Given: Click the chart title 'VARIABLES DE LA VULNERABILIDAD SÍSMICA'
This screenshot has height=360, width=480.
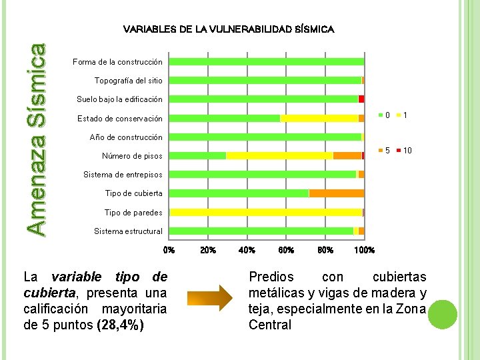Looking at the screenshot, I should [229, 29].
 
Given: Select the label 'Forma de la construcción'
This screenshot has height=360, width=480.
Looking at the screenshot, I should [117, 62].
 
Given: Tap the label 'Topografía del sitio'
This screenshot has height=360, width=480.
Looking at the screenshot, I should [128, 81].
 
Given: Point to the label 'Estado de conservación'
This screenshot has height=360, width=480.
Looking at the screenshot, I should [119, 119].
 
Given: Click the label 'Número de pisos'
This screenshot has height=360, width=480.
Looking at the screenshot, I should [131, 156].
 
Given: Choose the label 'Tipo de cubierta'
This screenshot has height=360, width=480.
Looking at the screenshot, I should [133, 193].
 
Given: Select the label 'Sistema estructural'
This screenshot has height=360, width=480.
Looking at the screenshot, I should [128, 231].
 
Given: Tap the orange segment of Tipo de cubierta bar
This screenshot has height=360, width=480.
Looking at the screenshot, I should [337, 193].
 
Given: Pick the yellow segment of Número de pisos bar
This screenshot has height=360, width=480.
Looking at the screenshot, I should [279, 155].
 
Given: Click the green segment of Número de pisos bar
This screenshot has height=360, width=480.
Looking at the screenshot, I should [198, 155].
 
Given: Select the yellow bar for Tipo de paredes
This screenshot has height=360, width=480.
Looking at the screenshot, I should [266, 212].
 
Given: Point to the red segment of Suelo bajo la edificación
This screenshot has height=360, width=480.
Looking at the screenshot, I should [361, 99].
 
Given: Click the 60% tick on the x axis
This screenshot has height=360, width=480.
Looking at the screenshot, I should [286, 251].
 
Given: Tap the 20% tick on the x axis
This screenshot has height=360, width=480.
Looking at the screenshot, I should [208, 251].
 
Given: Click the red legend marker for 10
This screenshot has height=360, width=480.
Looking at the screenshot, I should [398, 151].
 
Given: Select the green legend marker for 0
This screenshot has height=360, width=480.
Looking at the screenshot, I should [381, 115].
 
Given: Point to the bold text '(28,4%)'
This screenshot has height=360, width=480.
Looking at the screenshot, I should [121, 325].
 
